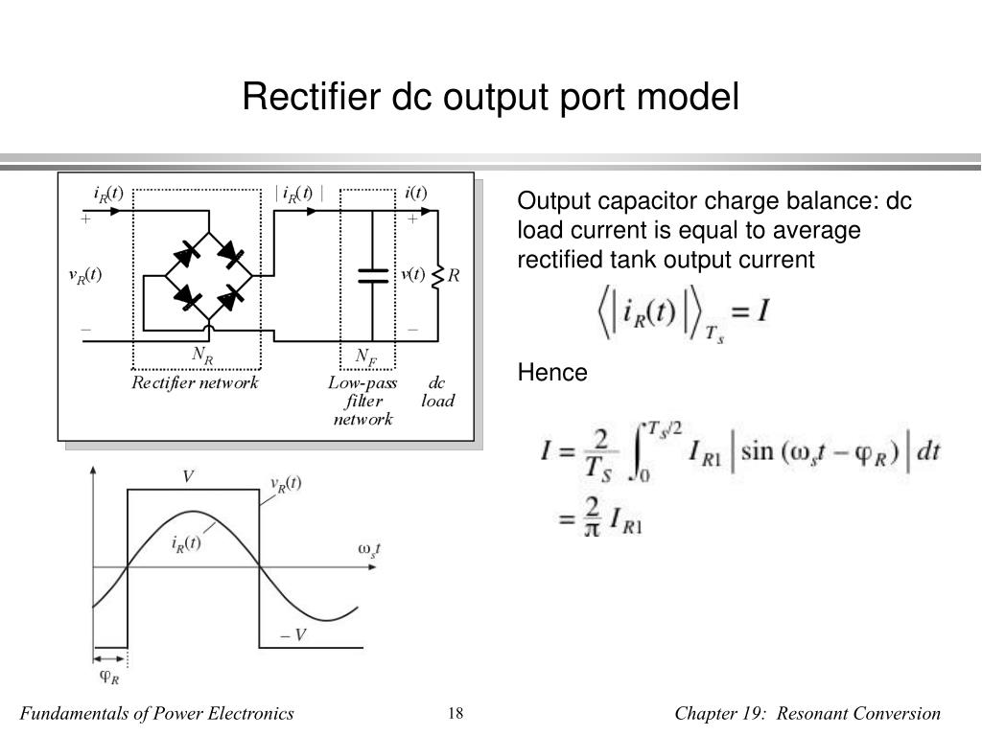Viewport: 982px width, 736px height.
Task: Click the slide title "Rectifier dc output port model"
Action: pyautogui.click(x=490, y=98)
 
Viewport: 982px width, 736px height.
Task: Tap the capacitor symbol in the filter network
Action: pyautogui.click(x=373, y=276)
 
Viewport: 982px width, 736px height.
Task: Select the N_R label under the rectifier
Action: pyautogui.click(x=202, y=355)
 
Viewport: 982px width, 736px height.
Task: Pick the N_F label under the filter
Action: pyautogui.click(x=365, y=356)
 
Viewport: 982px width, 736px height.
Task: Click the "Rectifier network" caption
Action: pyautogui.click(x=196, y=383)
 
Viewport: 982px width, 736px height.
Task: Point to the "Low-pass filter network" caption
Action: pyautogui.click(x=362, y=401)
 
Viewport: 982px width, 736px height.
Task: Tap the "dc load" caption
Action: pyautogui.click(x=437, y=392)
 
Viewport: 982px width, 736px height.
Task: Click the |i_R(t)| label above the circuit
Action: pyautogui.click(x=299, y=193)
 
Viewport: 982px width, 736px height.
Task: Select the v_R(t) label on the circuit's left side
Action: pyautogui.click(x=84, y=276)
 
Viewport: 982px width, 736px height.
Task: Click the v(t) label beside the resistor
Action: pyautogui.click(x=413, y=276)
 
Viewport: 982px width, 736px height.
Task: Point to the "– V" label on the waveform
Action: pyautogui.click(x=292, y=633)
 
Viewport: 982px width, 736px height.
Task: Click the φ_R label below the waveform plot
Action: pyautogui.click(x=110, y=676)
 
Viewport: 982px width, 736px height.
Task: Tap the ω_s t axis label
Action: pyautogui.click(x=368, y=549)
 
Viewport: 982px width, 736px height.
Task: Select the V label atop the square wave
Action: pyautogui.click(x=189, y=475)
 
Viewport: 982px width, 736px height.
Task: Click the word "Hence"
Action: pyautogui.click(x=552, y=373)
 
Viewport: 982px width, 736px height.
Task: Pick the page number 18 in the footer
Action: pyautogui.click(x=456, y=713)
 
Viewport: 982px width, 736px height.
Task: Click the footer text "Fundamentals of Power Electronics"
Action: pyautogui.click(x=157, y=713)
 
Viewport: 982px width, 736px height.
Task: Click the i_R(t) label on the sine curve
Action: pyautogui.click(x=186, y=543)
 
